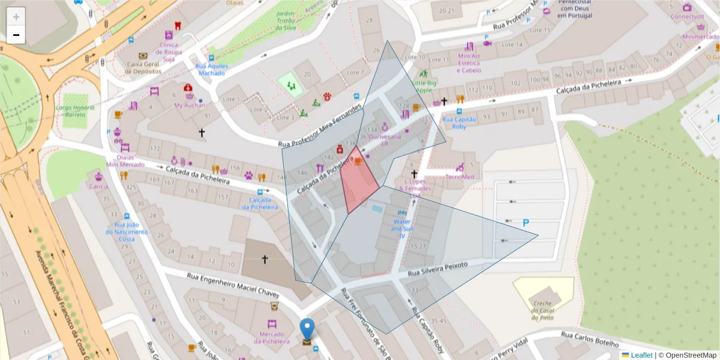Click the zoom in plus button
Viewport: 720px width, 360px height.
click(16, 17)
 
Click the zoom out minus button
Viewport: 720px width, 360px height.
click(16, 35)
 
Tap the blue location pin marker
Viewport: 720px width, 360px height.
click(307, 331)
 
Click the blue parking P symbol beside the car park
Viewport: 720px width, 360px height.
click(526, 223)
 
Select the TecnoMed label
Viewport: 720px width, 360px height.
click(460, 176)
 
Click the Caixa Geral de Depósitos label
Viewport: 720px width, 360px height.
click(143, 67)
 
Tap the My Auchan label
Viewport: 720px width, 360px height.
click(190, 105)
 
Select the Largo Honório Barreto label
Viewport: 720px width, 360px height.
click(75, 111)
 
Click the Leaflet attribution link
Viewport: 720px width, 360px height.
click(641, 355)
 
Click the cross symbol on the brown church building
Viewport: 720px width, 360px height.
click(265, 259)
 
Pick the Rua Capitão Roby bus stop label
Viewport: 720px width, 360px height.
click(459, 122)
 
